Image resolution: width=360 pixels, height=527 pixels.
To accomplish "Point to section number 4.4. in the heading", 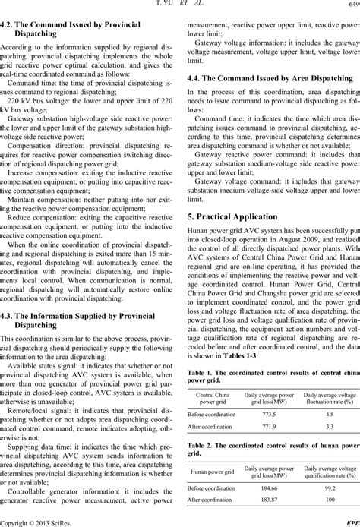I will point(195,77).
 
